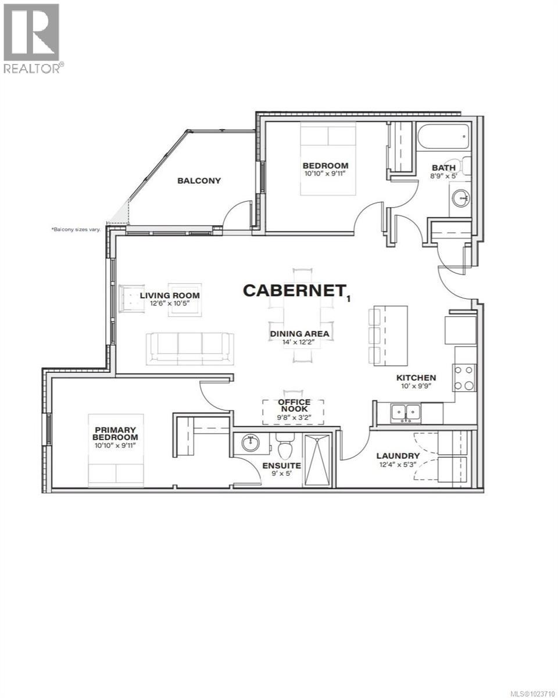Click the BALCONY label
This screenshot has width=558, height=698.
point(199,180)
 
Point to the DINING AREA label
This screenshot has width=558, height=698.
point(299,334)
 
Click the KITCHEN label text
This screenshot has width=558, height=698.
point(416,378)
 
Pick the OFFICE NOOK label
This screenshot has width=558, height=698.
point(294,406)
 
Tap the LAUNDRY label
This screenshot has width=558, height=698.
point(398,455)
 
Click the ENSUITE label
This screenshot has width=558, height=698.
point(281,465)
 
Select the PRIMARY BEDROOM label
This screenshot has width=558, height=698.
point(116,433)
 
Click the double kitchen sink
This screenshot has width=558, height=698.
point(406,412)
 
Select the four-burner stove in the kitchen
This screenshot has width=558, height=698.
point(465,377)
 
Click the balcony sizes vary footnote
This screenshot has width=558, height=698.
point(76,230)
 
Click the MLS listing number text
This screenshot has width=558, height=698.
point(527,692)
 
